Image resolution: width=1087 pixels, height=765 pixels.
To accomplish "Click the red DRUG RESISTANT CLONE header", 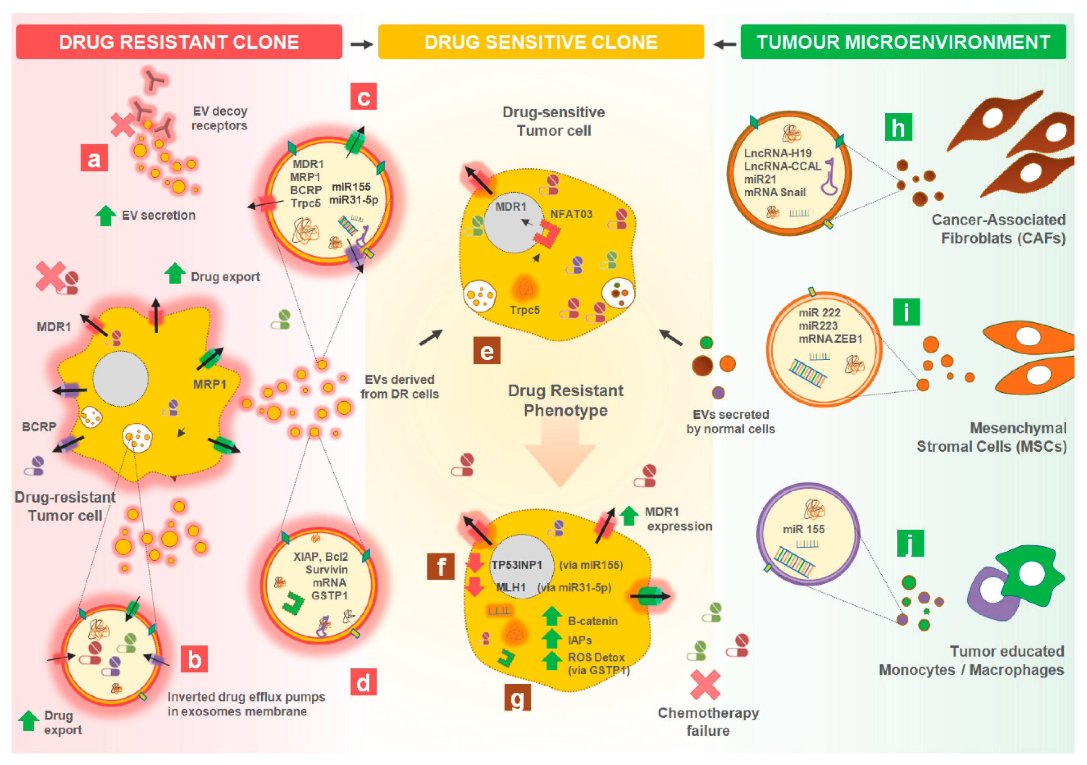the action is [179, 42].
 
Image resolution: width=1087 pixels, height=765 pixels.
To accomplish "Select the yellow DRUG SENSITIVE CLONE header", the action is [541, 42].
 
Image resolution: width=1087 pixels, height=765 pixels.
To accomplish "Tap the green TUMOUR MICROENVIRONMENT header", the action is [903, 42].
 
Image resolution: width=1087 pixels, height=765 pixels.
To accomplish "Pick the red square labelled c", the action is [364, 97].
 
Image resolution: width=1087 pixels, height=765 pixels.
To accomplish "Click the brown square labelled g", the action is [518, 697].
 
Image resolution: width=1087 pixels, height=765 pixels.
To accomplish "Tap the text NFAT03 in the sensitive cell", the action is [571, 214].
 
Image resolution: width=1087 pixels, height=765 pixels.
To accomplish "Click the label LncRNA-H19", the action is [777, 153].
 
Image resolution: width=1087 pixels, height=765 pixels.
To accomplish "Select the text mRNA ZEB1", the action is [831, 339].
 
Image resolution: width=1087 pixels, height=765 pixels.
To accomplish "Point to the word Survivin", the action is [327, 569].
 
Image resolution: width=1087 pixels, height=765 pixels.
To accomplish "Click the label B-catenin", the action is [593, 621].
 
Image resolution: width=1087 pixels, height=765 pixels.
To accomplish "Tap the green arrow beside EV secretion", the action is [106, 216].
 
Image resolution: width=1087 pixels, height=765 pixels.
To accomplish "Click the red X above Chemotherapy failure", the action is [705, 685].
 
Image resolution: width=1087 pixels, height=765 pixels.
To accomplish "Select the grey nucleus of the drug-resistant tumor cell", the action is [120, 379].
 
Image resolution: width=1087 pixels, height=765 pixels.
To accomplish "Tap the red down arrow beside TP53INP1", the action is [475, 563].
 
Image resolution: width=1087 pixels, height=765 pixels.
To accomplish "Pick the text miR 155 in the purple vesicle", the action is [803, 529].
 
